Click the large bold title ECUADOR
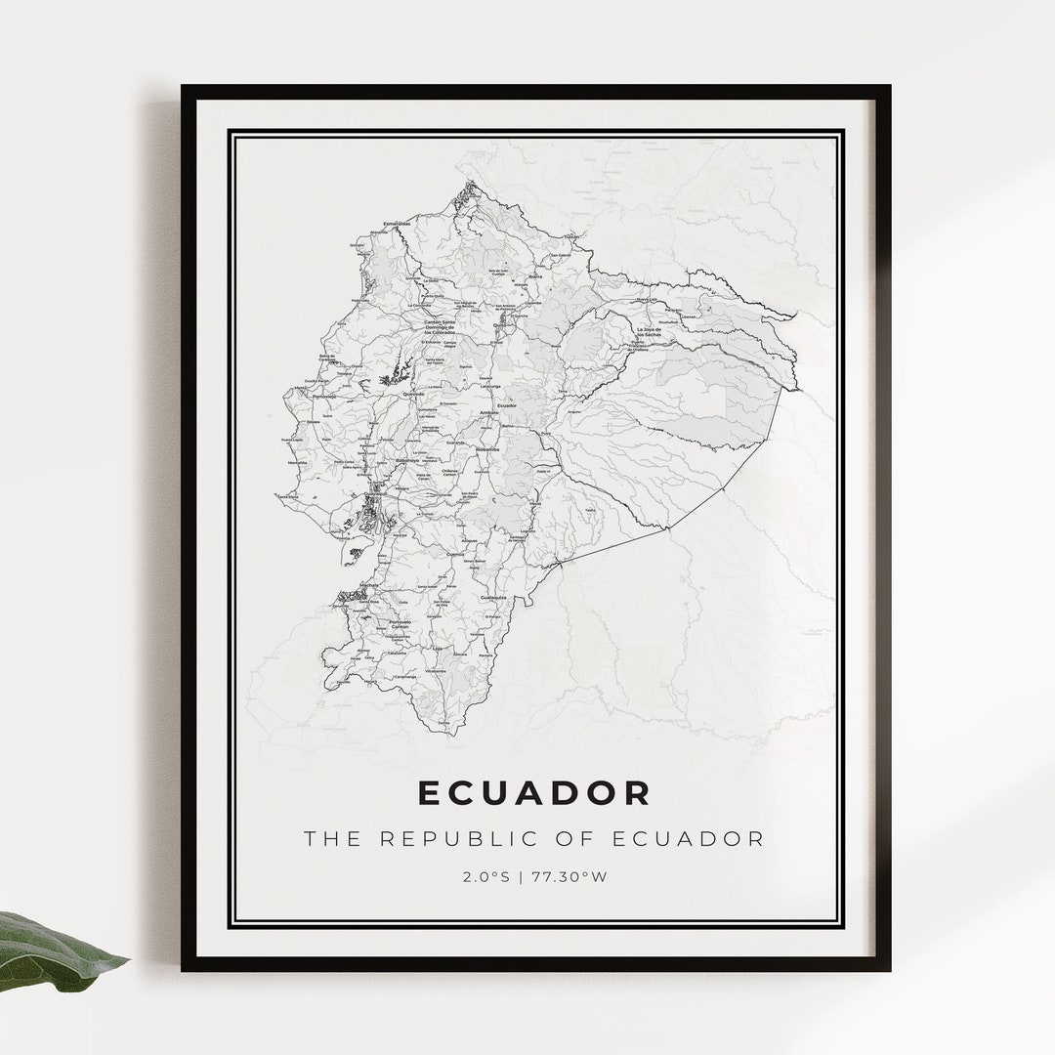pos(533,792)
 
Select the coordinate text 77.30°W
pos(570,876)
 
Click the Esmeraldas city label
pos(395,224)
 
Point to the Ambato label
pos(489,413)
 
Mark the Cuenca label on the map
pos(455,554)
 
